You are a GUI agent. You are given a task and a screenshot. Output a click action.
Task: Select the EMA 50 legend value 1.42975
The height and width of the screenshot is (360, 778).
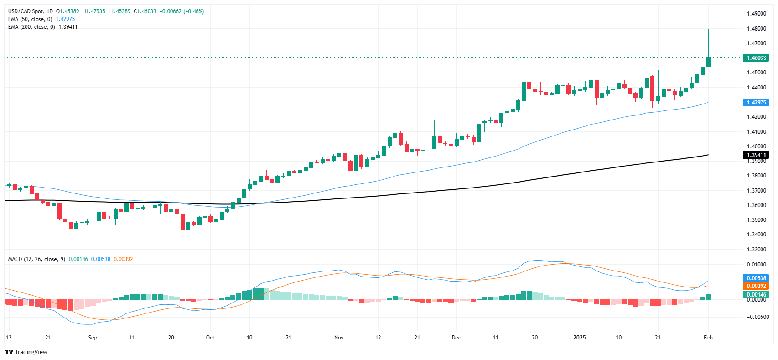click(x=65, y=19)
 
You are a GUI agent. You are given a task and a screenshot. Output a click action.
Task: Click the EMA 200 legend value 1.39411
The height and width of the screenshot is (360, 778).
click(x=68, y=27)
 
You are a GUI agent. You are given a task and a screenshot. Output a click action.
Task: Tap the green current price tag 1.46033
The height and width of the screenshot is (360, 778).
click(x=756, y=58)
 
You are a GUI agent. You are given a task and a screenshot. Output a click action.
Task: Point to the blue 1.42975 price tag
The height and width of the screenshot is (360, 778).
click(x=756, y=103)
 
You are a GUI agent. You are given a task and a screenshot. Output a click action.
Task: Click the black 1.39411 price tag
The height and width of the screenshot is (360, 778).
click(x=756, y=155)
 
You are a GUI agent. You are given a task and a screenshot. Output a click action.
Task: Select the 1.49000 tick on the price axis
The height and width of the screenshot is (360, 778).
click(x=756, y=14)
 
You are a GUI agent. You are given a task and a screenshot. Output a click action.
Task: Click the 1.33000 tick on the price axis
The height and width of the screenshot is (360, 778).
click(x=756, y=250)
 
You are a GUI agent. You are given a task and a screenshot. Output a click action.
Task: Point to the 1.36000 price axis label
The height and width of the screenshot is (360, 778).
click(x=756, y=205)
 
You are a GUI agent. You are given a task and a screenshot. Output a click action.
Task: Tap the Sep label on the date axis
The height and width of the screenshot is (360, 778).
click(x=93, y=338)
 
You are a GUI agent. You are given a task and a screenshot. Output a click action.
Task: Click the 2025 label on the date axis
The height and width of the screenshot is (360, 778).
click(x=579, y=338)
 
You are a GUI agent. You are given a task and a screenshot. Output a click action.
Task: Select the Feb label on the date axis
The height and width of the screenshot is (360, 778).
click(x=708, y=338)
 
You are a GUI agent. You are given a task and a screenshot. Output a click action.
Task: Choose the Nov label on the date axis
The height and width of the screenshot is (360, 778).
click(x=339, y=338)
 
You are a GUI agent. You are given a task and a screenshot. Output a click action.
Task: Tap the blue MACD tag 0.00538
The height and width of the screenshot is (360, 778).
click(x=756, y=278)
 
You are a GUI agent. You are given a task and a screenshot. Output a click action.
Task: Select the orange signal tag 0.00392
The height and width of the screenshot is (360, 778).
click(x=756, y=286)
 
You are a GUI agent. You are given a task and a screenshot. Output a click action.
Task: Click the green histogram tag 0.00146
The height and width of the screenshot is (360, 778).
click(x=756, y=295)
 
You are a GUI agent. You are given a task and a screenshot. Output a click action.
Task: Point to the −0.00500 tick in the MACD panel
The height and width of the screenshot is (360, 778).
click(x=757, y=317)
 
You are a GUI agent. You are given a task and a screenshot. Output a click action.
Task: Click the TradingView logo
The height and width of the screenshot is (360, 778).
click(x=26, y=352)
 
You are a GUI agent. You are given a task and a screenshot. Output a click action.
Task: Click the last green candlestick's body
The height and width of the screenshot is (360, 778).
click(x=708, y=62)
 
